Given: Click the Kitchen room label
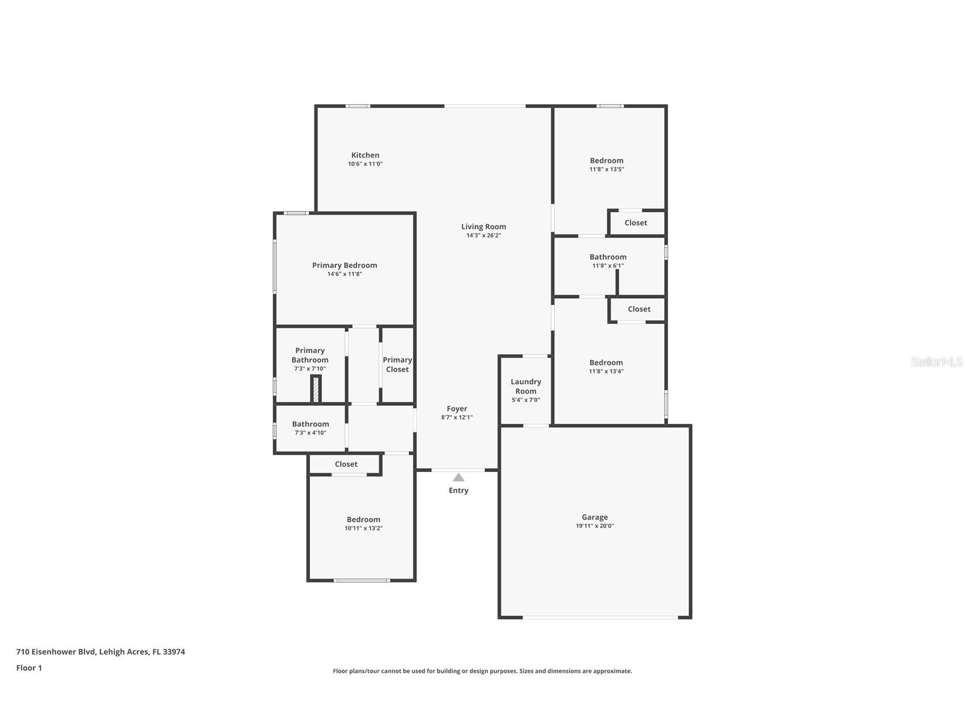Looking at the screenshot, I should pos(365,155).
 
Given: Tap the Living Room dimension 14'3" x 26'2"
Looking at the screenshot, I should pos(483,235).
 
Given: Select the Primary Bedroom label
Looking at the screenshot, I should pos(344,265).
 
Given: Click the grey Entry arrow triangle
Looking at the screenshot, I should pos(458,478).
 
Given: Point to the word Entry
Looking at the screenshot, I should pos(458,490).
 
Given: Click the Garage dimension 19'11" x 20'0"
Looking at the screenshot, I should pos(594,526).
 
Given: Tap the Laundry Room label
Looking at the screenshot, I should pos(525,386).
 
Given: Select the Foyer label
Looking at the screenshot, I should pos(457,409).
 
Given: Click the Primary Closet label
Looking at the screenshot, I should pos(397,364).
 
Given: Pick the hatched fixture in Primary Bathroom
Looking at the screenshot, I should pos(316,390).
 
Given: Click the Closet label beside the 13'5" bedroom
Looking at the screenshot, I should pos(635,223).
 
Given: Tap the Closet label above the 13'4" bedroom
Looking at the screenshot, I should pos(639,309).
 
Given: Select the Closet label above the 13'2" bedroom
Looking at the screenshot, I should pos(346,464).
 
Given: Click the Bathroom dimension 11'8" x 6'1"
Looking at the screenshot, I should pos(608,266).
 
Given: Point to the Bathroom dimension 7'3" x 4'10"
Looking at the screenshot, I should pos(310,433).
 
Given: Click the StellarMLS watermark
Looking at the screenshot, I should pos(936,361).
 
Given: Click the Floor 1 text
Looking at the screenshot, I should pos(29,668).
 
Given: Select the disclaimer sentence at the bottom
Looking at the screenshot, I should pos(482,671).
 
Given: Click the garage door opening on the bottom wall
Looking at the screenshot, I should pos(600,617).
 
